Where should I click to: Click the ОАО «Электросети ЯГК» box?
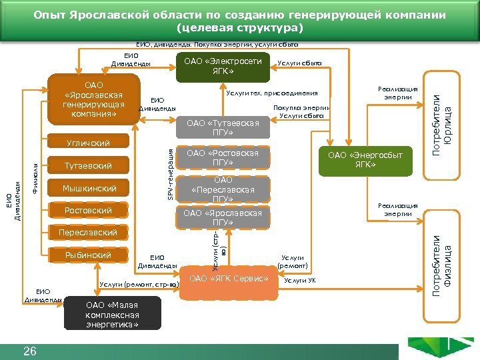223,65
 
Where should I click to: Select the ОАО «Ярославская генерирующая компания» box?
93,99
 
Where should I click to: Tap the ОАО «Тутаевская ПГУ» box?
223,127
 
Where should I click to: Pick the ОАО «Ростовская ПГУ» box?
223,158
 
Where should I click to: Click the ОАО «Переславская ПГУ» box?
223,189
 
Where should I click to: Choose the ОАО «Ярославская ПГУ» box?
223,217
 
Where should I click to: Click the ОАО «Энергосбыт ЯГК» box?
365,160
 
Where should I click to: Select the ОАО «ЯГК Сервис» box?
229,277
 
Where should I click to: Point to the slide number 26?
29,351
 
